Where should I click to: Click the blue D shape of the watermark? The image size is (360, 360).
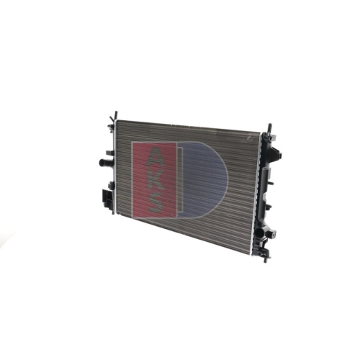[203, 179]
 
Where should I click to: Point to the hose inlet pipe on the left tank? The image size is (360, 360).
[105, 163]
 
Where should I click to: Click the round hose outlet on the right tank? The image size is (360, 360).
[260, 233]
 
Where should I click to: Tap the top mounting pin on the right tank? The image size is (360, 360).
[270, 127]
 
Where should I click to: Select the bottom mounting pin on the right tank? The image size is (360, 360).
[266, 259]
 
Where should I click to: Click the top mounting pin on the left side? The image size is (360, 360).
[116, 114]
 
